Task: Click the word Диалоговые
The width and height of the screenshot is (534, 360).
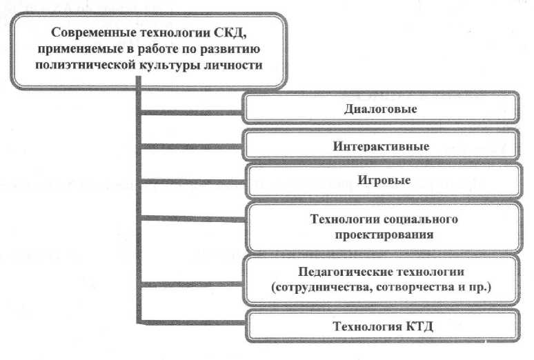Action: click(x=381, y=109)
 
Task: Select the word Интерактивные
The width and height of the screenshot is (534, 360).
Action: click(x=381, y=146)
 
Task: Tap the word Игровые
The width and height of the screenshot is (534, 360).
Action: click(x=381, y=181)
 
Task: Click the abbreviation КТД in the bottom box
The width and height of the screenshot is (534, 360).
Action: click(x=415, y=326)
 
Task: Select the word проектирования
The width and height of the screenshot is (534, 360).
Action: click(x=381, y=234)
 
